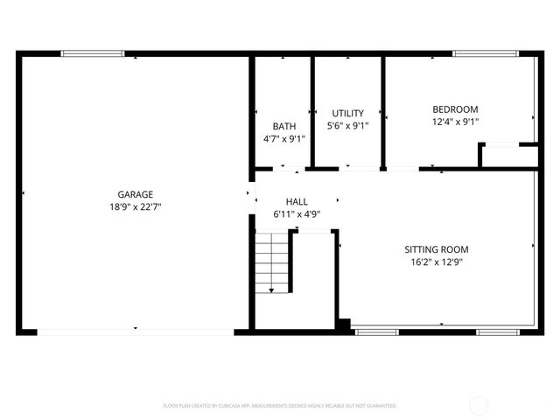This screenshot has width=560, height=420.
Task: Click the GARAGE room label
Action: (136, 194)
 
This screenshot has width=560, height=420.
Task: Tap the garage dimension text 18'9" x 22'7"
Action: (136, 207)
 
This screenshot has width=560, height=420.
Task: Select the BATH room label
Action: (284, 126)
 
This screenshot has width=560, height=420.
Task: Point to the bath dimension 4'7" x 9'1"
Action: (284, 138)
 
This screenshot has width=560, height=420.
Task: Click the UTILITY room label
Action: (347, 113)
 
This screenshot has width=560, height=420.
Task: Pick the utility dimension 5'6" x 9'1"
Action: (347, 126)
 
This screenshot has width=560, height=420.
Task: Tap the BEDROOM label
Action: (455, 109)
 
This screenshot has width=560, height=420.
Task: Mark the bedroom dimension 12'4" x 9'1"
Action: (455, 122)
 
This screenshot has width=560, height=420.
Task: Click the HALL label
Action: (297, 201)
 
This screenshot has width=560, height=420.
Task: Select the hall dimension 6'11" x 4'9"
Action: (297, 214)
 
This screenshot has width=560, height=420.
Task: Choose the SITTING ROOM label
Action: (437, 248)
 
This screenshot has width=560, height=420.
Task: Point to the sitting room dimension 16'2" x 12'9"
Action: (437, 262)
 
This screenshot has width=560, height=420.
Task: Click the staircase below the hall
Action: (272, 261)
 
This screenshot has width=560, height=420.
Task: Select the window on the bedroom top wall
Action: (486, 54)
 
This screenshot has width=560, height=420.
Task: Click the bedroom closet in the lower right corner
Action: (510, 156)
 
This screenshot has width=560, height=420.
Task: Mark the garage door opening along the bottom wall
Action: (136, 332)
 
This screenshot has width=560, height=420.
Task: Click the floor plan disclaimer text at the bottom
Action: (280, 406)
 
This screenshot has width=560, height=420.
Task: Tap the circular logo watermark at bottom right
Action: (479, 405)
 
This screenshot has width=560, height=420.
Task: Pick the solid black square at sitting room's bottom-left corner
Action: (344, 325)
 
